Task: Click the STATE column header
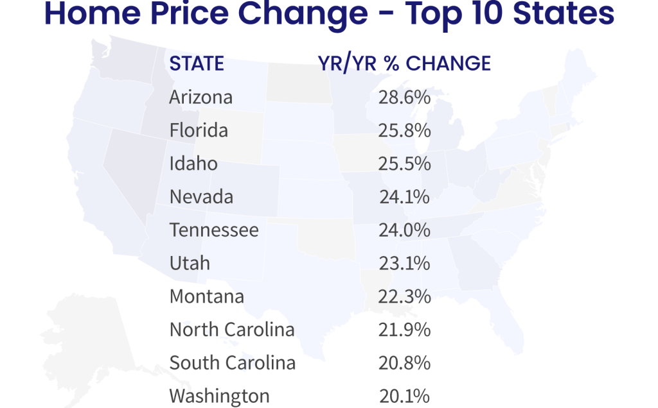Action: [197, 64]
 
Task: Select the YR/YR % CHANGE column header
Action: [404, 64]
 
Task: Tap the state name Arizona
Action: [201, 98]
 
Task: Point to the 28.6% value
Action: [404, 98]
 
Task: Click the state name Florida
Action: [199, 131]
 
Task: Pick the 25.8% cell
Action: [404, 131]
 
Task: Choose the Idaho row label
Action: [193, 164]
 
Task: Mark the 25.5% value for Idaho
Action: [404, 164]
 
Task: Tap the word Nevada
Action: [201, 197]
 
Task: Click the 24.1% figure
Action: [404, 197]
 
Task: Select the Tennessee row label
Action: [214, 230]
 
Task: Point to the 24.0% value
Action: [404, 230]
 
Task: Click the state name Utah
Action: [190, 263]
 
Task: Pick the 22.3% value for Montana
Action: [404, 296]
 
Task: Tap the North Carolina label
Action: [232, 330]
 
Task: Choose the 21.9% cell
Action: [404, 330]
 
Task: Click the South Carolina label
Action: [233, 363]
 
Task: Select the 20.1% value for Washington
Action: [404, 396]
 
